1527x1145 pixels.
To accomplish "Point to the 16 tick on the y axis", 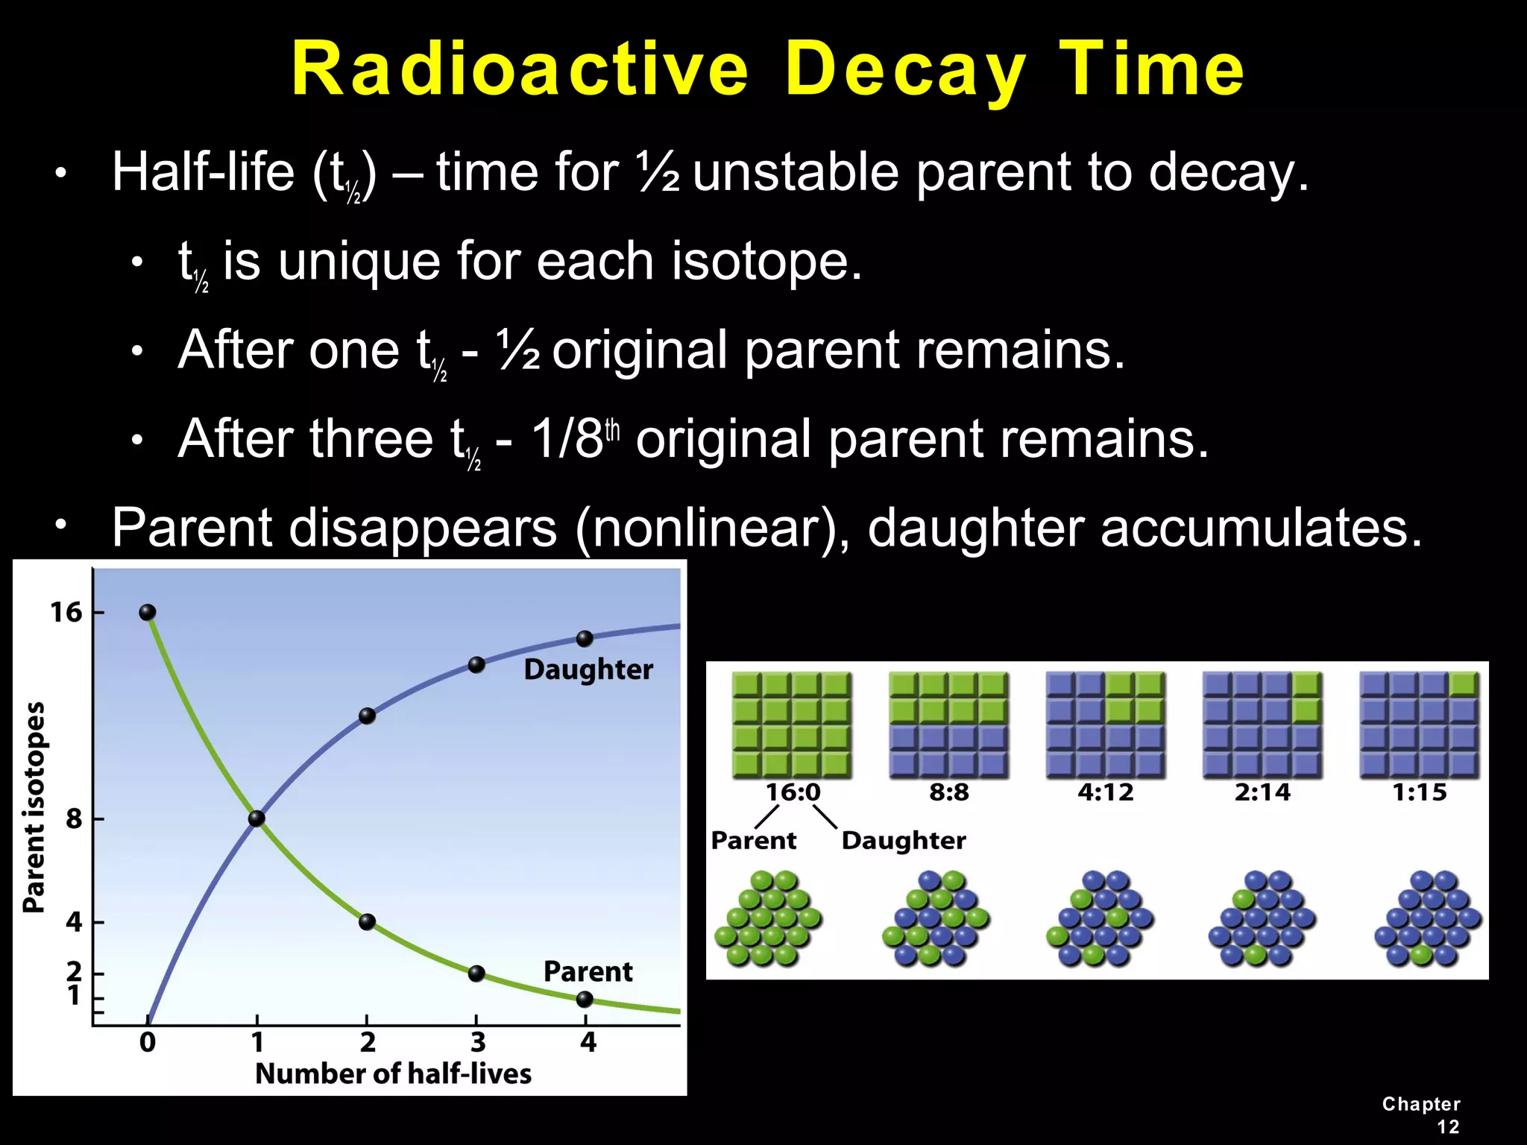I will (66, 613).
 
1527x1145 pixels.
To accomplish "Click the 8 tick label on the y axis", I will (74, 818).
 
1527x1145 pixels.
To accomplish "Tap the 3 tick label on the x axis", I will (477, 1041).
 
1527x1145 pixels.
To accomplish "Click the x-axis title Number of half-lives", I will (393, 1073).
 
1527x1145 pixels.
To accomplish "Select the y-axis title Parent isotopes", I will (34, 807).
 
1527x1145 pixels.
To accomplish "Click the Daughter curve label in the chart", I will (588, 669).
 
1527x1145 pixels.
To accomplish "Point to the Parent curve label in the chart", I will (588, 971).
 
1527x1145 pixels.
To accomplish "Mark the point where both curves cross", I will (256, 818).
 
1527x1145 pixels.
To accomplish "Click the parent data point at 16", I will (148, 613).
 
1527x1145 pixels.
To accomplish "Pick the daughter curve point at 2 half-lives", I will (367, 716).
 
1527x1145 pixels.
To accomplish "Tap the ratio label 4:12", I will (1105, 792).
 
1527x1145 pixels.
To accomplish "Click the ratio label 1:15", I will (1419, 792).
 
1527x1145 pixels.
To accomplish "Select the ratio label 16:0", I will (793, 792).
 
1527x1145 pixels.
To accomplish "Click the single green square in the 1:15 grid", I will (1464, 684).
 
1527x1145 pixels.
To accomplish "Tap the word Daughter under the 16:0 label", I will (903, 840).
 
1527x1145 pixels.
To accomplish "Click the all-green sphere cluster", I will (768, 918).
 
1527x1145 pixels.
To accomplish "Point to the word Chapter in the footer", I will (1420, 1104).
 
